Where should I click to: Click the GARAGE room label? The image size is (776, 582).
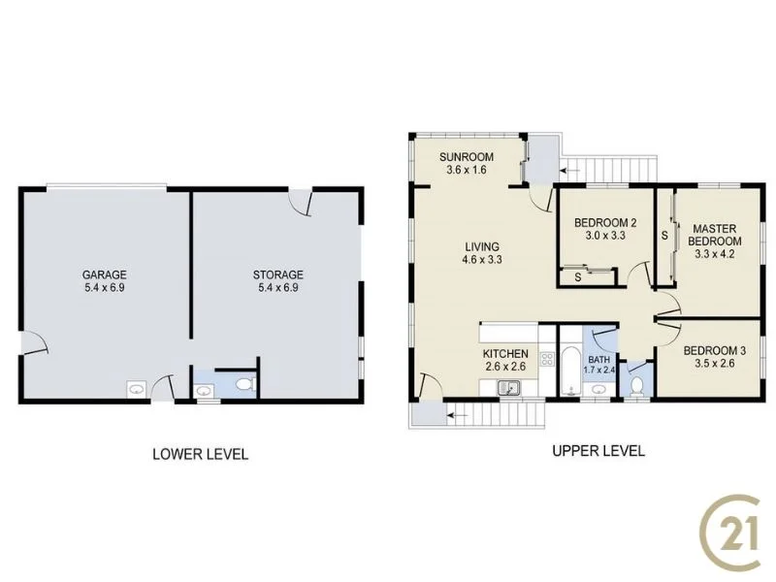point(104,275)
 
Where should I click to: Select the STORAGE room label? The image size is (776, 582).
point(279,275)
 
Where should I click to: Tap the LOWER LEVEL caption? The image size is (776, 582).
point(200,454)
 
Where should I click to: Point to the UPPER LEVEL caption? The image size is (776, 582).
point(598,451)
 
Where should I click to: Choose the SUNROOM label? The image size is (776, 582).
point(466,157)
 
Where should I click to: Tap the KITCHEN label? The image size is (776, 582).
point(505,354)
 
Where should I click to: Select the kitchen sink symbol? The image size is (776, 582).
point(508,389)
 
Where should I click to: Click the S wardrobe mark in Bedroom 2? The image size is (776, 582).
point(578,277)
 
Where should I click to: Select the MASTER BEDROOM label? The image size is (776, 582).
point(715,234)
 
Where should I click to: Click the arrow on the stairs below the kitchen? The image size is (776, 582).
point(457,415)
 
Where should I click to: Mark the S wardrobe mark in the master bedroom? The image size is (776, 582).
point(664,234)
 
